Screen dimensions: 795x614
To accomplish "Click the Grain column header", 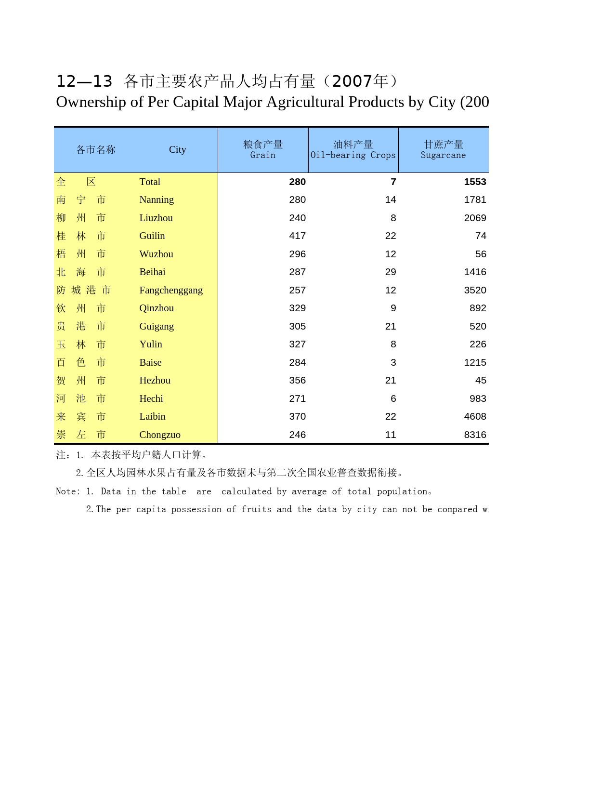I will (263, 150).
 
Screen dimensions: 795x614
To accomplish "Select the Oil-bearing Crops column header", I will (353, 150).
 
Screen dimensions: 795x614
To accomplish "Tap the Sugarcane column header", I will (443, 150).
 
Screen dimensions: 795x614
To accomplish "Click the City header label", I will (177, 150).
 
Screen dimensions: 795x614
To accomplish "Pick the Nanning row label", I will (157, 200).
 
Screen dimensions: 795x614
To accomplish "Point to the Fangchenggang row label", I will (171, 291).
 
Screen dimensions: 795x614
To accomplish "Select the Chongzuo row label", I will (160, 435).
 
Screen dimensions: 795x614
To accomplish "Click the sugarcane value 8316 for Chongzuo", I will (475, 435).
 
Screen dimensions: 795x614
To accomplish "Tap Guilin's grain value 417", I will (297, 236).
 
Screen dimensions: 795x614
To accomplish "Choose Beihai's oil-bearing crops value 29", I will (391, 272).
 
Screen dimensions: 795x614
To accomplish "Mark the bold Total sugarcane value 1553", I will (475, 182).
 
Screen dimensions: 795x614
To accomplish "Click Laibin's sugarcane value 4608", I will (475, 417).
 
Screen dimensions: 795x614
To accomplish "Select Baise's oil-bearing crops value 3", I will (393, 363).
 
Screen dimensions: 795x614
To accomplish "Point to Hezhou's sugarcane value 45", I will (480, 381).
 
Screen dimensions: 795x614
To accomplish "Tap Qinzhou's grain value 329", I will (297, 308).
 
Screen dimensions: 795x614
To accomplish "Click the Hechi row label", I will (151, 399).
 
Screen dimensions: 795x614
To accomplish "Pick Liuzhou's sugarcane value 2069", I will (475, 218).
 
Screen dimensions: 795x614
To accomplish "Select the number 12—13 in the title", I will (84, 81).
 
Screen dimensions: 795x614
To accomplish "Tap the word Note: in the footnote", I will (68, 491).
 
